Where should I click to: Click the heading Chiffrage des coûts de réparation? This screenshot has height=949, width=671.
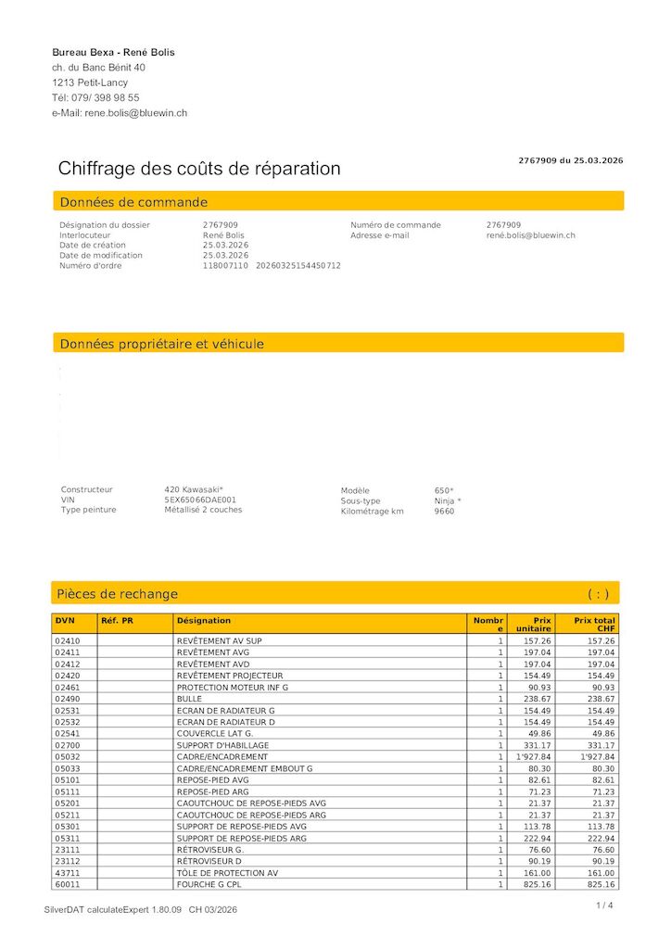click(199, 169)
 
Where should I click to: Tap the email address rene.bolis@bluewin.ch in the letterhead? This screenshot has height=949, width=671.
click(136, 113)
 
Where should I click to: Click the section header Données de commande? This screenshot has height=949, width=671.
click(133, 202)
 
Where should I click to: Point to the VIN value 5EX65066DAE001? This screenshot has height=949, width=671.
click(199, 500)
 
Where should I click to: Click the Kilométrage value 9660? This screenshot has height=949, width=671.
click(444, 511)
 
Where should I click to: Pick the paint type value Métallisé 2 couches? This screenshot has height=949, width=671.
click(203, 510)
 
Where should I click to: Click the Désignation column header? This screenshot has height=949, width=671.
click(204, 620)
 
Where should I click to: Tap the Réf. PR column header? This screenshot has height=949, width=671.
click(117, 620)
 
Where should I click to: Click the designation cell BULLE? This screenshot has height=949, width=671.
click(189, 699)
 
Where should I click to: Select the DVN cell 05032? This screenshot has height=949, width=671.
click(69, 757)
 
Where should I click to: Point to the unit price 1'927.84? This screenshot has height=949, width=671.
click(534, 757)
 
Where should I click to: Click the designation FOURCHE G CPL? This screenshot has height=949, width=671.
click(209, 885)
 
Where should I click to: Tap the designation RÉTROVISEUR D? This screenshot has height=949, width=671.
click(209, 861)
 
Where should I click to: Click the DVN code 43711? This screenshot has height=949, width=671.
click(69, 873)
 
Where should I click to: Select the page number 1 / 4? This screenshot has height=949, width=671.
click(604, 905)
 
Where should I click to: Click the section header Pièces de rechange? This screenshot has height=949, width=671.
click(118, 594)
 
